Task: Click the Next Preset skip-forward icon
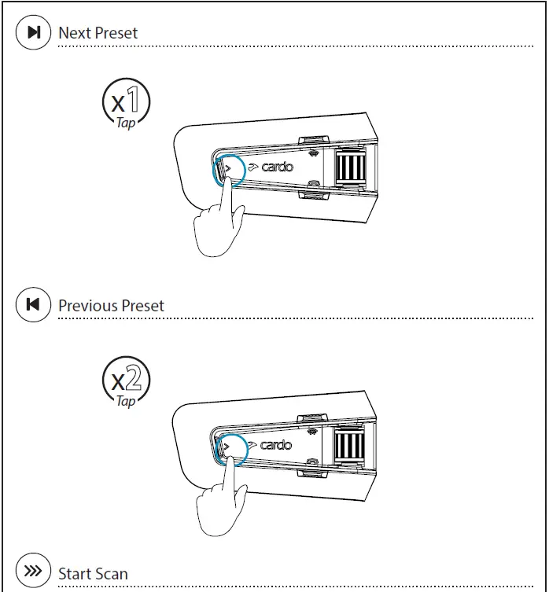pyautogui.click(x=34, y=32)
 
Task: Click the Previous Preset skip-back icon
pyautogui.click(x=34, y=305)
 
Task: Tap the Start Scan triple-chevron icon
pyautogui.click(x=34, y=572)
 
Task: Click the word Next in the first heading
pyautogui.click(x=76, y=33)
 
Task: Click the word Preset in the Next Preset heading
pyautogui.click(x=116, y=33)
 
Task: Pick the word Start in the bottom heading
pyautogui.click(x=75, y=574)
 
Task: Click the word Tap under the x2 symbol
pyautogui.click(x=126, y=401)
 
